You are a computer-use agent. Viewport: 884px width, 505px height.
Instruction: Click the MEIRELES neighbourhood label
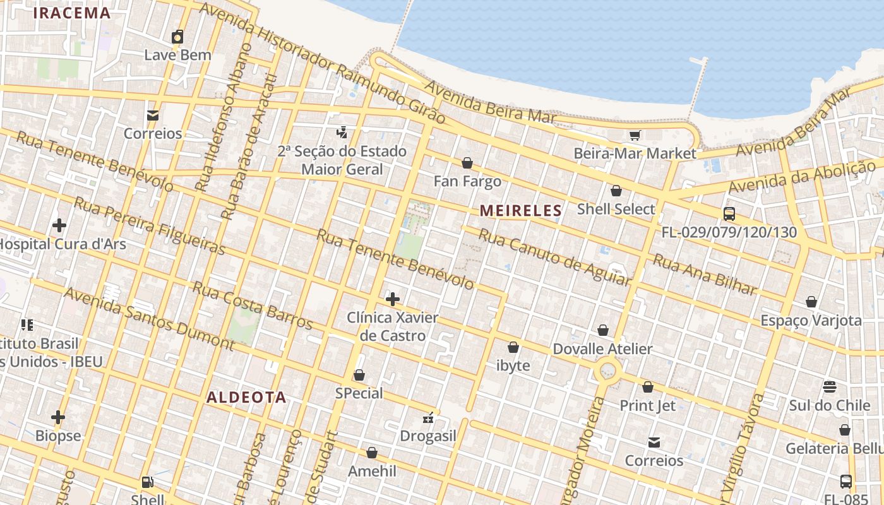click(521, 211)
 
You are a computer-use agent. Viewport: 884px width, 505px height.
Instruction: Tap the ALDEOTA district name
click(247, 398)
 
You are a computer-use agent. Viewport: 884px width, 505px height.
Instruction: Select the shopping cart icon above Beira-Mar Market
click(635, 135)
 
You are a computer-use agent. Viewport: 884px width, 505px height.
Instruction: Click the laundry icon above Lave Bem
click(177, 37)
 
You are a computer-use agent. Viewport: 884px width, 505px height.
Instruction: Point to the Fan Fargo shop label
click(467, 181)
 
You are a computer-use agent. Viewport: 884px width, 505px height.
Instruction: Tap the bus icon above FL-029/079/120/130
click(729, 213)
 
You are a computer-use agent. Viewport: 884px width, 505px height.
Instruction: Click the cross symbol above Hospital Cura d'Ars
click(59, 225)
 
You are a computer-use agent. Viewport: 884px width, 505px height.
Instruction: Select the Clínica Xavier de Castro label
click(392, 326)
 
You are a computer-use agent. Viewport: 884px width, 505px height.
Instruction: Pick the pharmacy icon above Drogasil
click(428, 418)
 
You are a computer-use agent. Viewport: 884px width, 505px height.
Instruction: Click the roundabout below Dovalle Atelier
click(607, 371)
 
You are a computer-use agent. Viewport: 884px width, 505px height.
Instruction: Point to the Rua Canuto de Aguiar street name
click(554, 256)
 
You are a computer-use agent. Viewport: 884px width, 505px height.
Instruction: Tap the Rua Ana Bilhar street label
click(704, 275)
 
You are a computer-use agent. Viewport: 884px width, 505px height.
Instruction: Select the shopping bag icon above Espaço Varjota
click(811, 302)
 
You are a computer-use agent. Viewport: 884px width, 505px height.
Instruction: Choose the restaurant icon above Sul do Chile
click(830, 386)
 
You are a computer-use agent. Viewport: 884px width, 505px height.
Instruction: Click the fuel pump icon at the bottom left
click(147, 482)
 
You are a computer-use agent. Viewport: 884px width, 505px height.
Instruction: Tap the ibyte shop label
click(513, 365)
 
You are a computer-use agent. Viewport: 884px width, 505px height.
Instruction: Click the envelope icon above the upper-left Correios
click(153, 116)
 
